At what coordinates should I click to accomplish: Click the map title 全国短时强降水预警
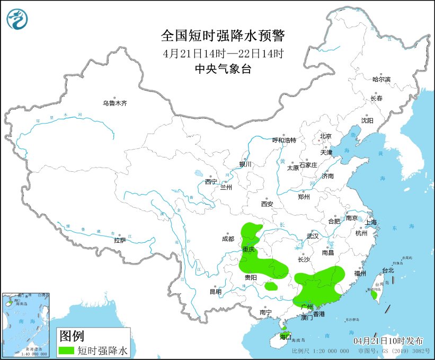[x=223, y=36]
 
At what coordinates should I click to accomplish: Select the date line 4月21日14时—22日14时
[x=223, y=53]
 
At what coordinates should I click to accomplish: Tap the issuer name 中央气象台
[x=223, y=68]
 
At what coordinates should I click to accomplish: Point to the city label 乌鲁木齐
[x=115, y=103]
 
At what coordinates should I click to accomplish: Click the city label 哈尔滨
[x=381, y=79]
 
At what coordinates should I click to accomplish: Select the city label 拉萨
[x=120, y=240]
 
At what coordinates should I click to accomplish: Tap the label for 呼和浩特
[x=284, y=140]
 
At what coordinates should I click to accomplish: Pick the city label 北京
[x=325, y=136]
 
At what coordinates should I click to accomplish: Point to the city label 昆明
[x=215, y=292]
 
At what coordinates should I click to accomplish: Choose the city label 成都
[x=228, y=239]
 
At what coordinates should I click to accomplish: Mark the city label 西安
[x=267, y=204]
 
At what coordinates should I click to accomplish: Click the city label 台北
[x=388, y=270]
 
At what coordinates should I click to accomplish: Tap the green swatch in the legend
[x=67, y=350]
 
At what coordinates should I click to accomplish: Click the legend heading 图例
[x=72, y=336]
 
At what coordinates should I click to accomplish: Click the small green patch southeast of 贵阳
[x=271, y=286]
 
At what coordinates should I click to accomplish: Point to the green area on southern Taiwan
[x=374, y=295]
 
